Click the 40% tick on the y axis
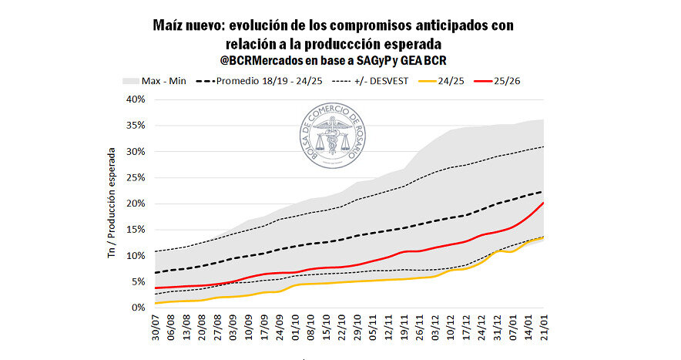[135, 99]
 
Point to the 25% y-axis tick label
[135, 178]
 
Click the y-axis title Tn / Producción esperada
[112, 202]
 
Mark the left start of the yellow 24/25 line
[156, 303]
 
